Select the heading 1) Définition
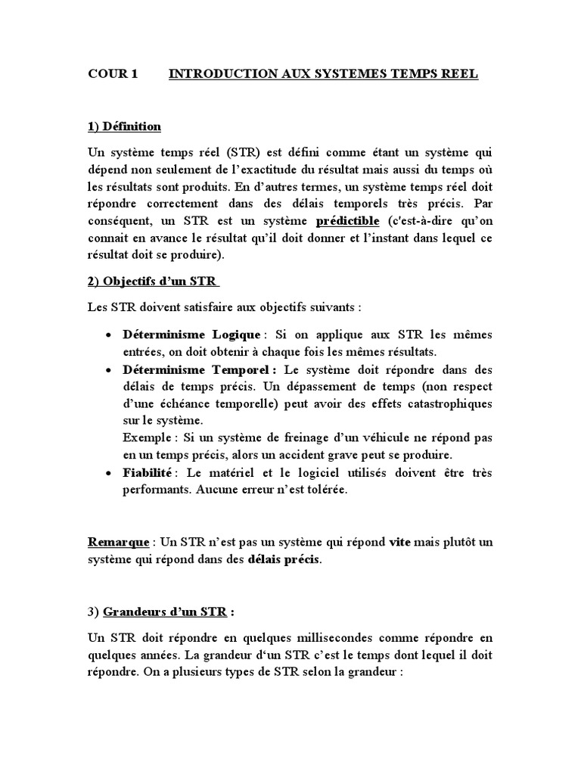coord(124,126)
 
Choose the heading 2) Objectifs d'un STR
coord(153,282)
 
